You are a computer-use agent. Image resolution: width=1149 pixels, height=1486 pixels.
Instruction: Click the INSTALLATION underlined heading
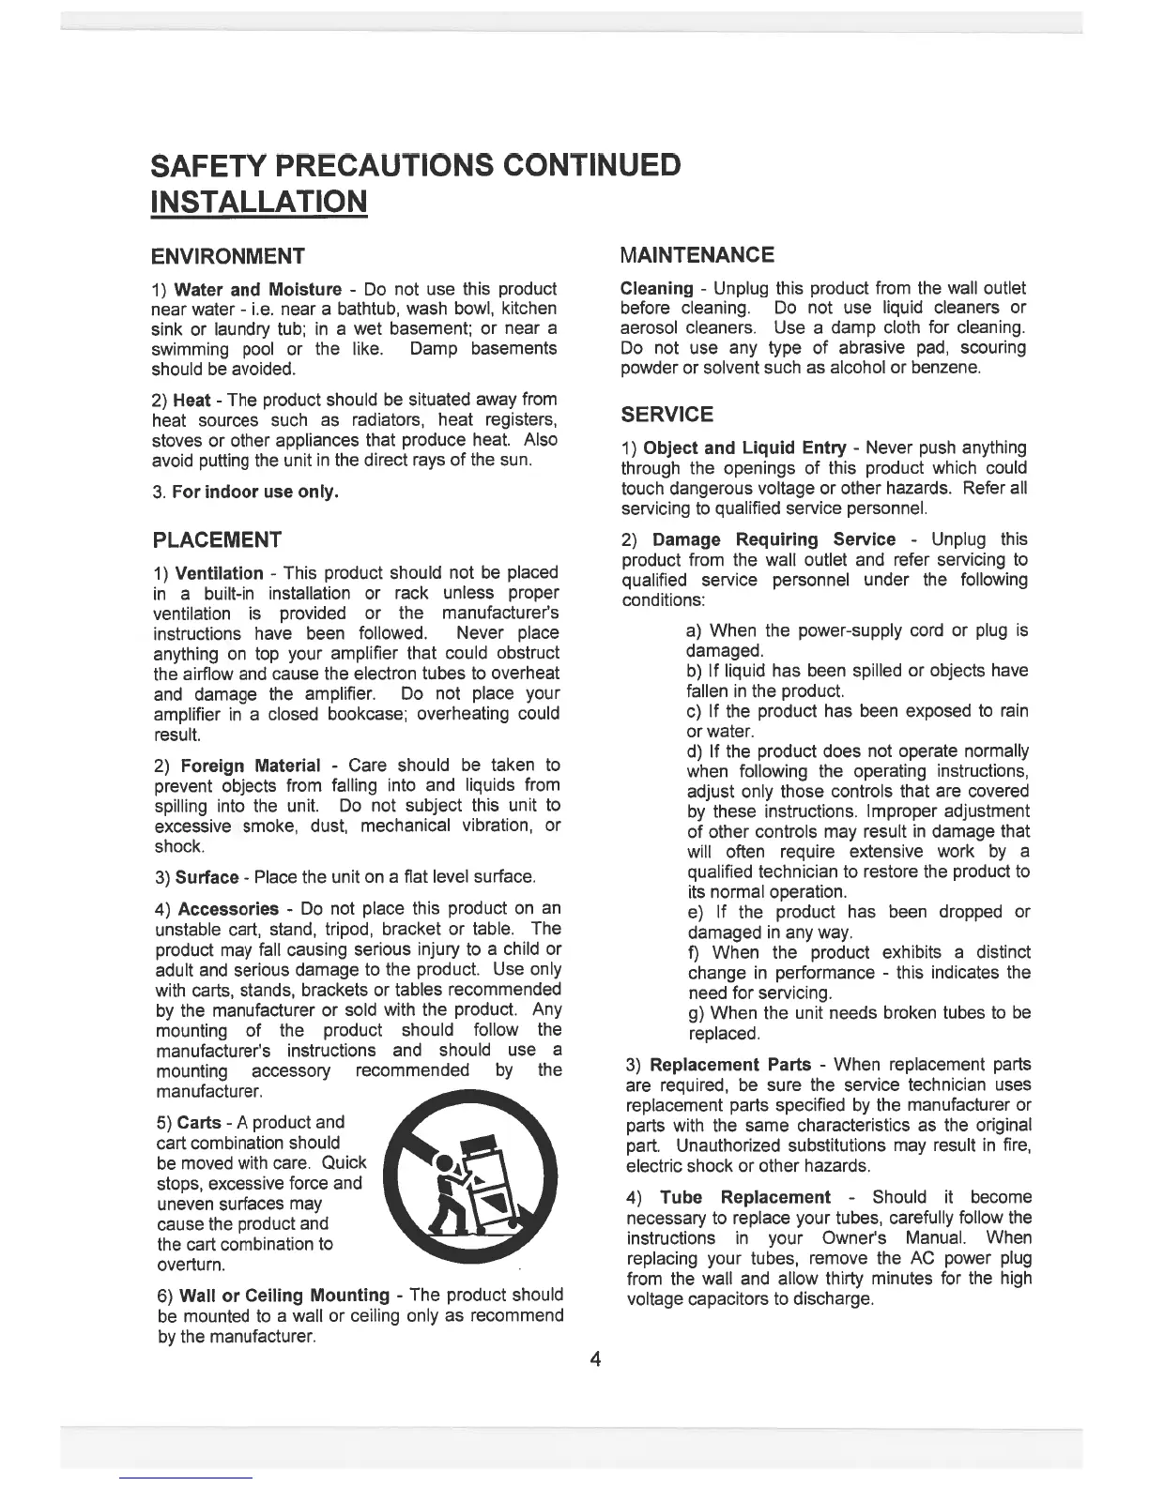click(258, 201)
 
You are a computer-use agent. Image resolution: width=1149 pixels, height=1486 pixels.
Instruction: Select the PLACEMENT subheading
click(216, 539)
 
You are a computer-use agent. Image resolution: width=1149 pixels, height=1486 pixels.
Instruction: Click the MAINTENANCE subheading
click(697, 254)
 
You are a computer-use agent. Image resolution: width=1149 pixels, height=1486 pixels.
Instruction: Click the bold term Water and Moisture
click(258, 288)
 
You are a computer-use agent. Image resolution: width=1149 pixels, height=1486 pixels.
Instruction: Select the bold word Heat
click(191, 401)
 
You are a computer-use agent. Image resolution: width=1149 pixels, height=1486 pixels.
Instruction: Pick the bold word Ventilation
click(220, 573)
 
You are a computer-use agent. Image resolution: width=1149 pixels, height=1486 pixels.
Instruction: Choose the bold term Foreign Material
click(251, 766)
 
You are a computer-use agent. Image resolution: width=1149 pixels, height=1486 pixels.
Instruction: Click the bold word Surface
click(207, 878)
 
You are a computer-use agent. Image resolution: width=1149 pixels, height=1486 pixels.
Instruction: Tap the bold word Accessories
click(228, 909)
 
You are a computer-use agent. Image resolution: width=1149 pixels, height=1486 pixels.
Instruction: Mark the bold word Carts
click(199, 1123)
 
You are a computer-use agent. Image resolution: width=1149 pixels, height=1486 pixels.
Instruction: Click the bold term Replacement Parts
click(730, 1065)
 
